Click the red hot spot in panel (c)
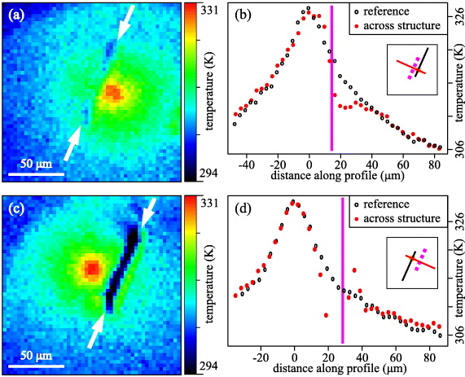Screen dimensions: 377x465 click(x=92, y=267)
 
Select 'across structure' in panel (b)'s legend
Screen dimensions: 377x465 click(x=404, y=25)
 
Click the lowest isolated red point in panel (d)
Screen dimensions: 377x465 click(x=326, y=314)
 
